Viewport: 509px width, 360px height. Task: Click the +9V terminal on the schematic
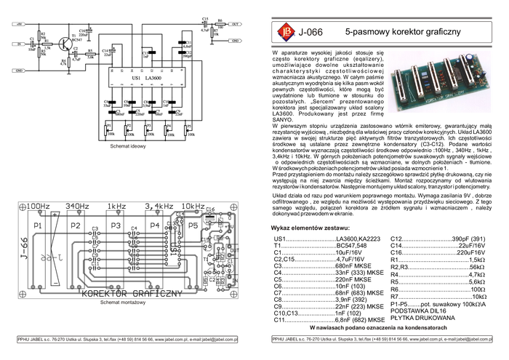click(x=20, y=24)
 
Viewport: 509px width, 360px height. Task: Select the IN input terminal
click(x=20, y=44)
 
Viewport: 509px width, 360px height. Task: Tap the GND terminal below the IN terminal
click(x=20, y=70)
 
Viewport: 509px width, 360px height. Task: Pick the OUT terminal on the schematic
click(x=235, y=24)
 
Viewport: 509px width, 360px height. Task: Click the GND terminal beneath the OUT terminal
click(x=235, y=44)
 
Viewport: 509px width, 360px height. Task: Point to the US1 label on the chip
click(x=135, y=77)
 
